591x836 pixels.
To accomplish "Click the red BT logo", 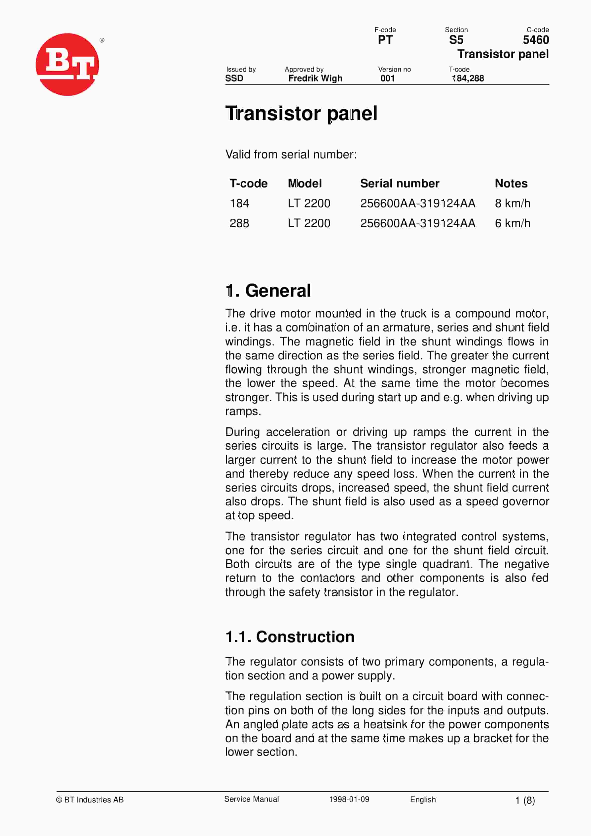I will pos(67,64).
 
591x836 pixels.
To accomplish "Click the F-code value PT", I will pos(385,40).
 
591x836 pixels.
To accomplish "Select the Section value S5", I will pos(456,40).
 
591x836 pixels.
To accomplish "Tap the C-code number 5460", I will pos(535,40).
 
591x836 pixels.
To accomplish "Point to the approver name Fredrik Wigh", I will pos(315,78).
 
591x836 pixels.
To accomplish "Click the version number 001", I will pos(388,78).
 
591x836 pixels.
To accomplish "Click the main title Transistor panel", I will pos(301,113).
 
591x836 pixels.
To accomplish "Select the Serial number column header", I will pos(400,183).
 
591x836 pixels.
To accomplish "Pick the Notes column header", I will pos(511,183).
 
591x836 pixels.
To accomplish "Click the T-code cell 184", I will pos(239,203).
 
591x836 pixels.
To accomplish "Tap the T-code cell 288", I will pos(239,223).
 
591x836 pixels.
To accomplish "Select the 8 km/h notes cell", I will pos(512,203).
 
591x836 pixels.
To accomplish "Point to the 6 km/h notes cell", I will pos(512,223).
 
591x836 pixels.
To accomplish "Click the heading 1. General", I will pos(268,291).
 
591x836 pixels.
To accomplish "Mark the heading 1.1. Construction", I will pos(290,637).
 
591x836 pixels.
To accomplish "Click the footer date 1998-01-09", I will pos(349,799).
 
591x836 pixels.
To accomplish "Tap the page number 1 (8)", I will pos(525,800).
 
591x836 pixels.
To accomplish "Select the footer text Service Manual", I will pos(252,799).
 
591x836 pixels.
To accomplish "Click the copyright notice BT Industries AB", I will pos(90,799).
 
